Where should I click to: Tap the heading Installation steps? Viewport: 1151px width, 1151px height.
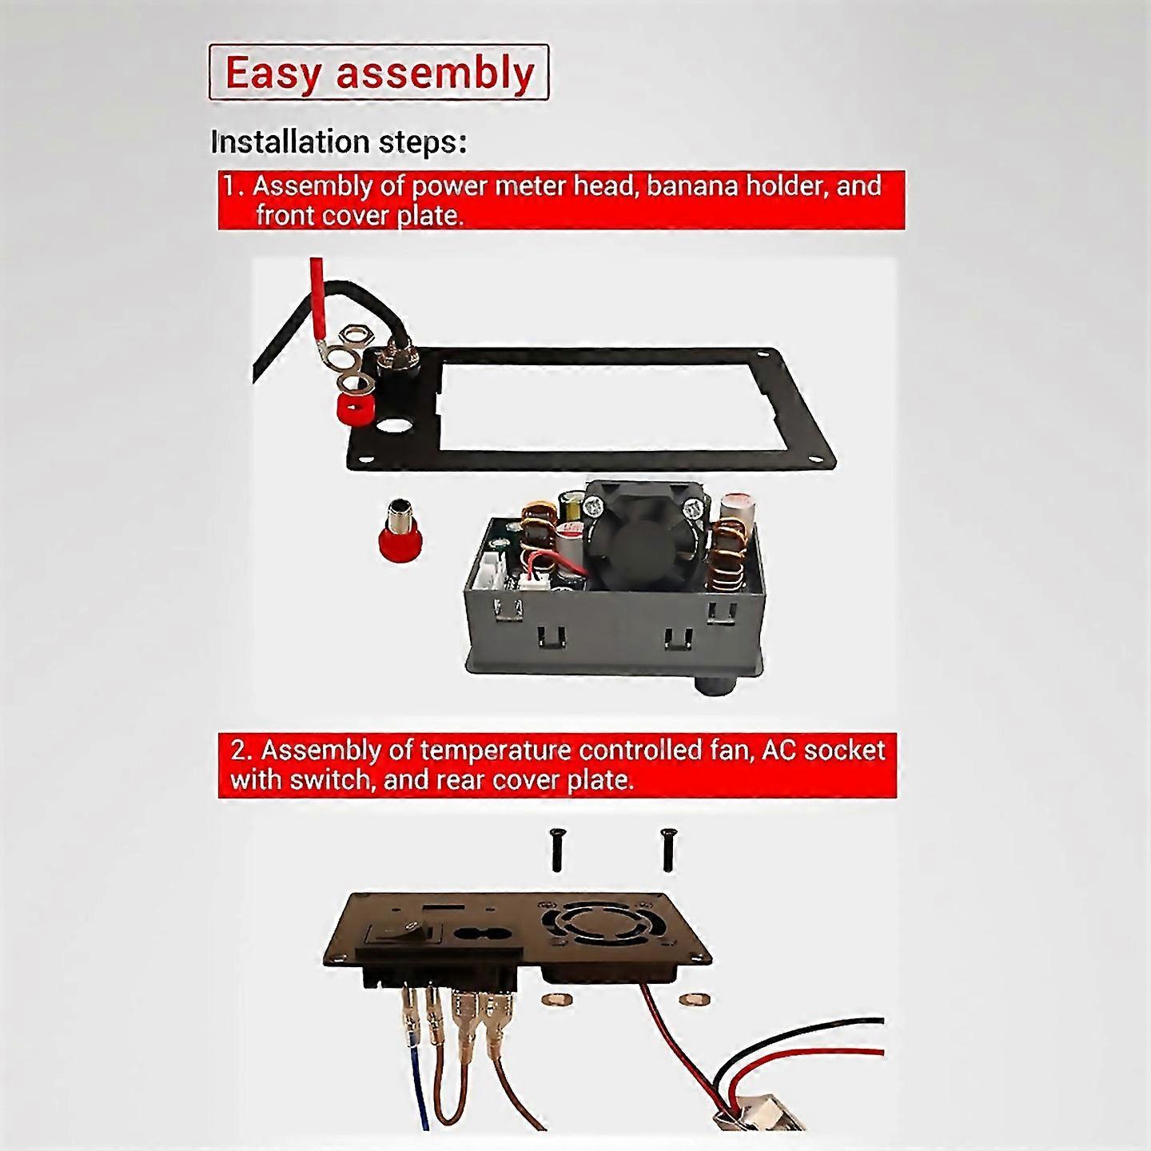pos(339,143)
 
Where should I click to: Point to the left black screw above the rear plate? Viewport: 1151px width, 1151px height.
pos(556,852)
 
